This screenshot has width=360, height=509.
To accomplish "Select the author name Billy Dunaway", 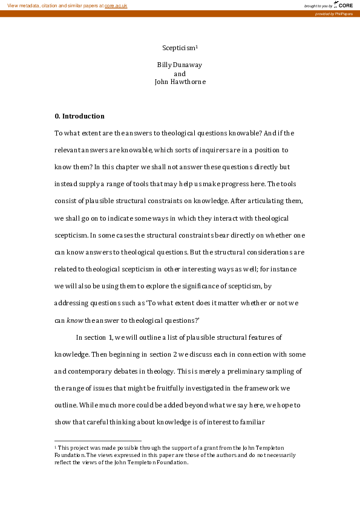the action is coord(180,65).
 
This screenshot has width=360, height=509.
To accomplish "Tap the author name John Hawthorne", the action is coord(180,82).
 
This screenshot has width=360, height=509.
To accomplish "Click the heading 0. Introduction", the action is coord(79,116).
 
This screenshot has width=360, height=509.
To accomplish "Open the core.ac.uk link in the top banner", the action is coord(116,5).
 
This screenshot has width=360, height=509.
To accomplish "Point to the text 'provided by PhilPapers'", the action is coord(334,13).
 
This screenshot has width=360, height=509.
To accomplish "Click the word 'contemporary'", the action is coord(92,371).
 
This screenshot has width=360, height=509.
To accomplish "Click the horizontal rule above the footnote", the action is coord(97,441).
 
